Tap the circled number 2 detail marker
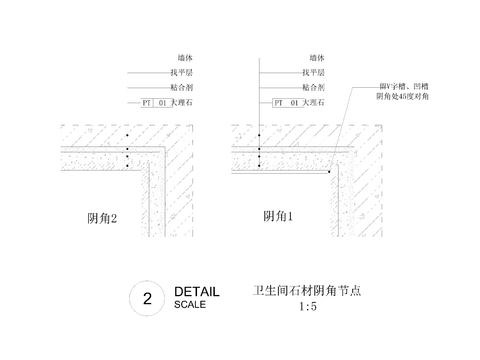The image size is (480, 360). pyautogui.click(x=147, y=298)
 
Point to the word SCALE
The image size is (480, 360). pyautogui.click(x=190, y=305)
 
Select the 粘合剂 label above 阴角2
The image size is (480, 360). pyautogui.click(x=166, y=88)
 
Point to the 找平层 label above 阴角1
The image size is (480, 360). pyautogui.click(x=312, y=73)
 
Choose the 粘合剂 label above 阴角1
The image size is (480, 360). pyautogui.click(x=312, y=87)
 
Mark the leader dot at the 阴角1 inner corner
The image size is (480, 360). pyautogui.click(x=330, y=172)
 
